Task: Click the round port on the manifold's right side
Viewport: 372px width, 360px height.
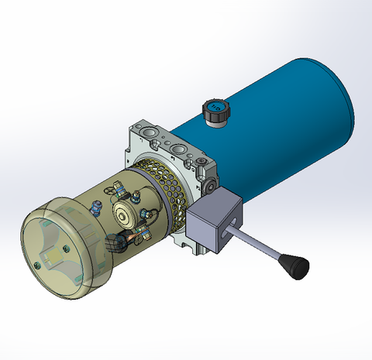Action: tap(211, 186)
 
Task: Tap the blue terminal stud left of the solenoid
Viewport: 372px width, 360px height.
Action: tap(96, 205)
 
